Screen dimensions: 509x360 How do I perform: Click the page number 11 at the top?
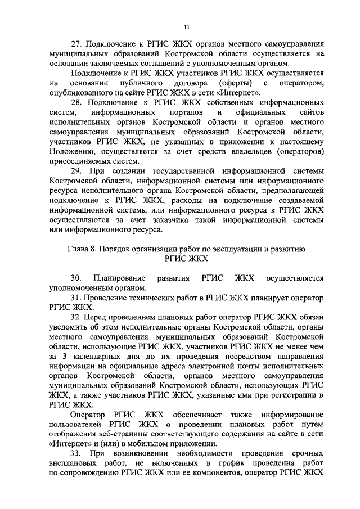pos(187,27)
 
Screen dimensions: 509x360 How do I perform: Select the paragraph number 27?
pos(76,43)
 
